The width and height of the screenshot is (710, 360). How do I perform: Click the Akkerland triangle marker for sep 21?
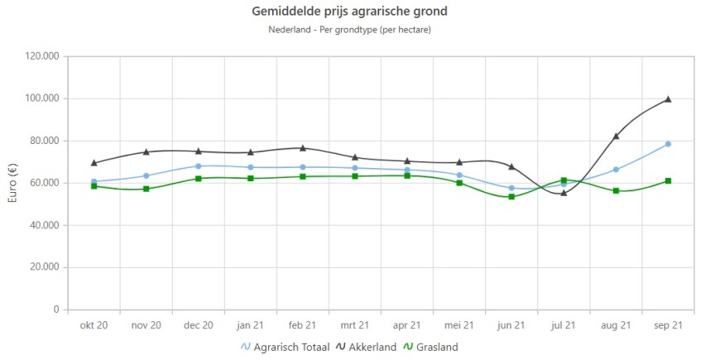coord(668,99)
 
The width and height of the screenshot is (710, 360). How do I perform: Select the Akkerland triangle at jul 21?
coord(564,193)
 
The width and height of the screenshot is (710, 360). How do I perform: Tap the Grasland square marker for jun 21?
coord(511,197)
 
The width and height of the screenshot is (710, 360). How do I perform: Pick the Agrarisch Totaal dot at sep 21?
coord(668,144)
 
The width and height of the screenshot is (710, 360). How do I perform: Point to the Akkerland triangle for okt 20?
coord(94,162)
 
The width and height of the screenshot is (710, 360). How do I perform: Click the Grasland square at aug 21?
coord(616,190)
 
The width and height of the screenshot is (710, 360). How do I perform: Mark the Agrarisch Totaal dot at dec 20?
coord(198,166)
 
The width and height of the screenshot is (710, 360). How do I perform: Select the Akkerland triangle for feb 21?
coord(303,148)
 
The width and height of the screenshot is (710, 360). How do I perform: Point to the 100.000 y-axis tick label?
coord(41,98)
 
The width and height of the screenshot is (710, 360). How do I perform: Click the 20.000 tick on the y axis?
coord(44,267)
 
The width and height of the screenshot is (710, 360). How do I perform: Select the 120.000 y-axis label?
coord(41,56)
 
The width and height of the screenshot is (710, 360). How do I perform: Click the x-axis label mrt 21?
coord(355,325)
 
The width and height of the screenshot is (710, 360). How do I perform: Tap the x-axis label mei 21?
coord(459,325)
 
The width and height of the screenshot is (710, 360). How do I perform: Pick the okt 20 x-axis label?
coord(94,325)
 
